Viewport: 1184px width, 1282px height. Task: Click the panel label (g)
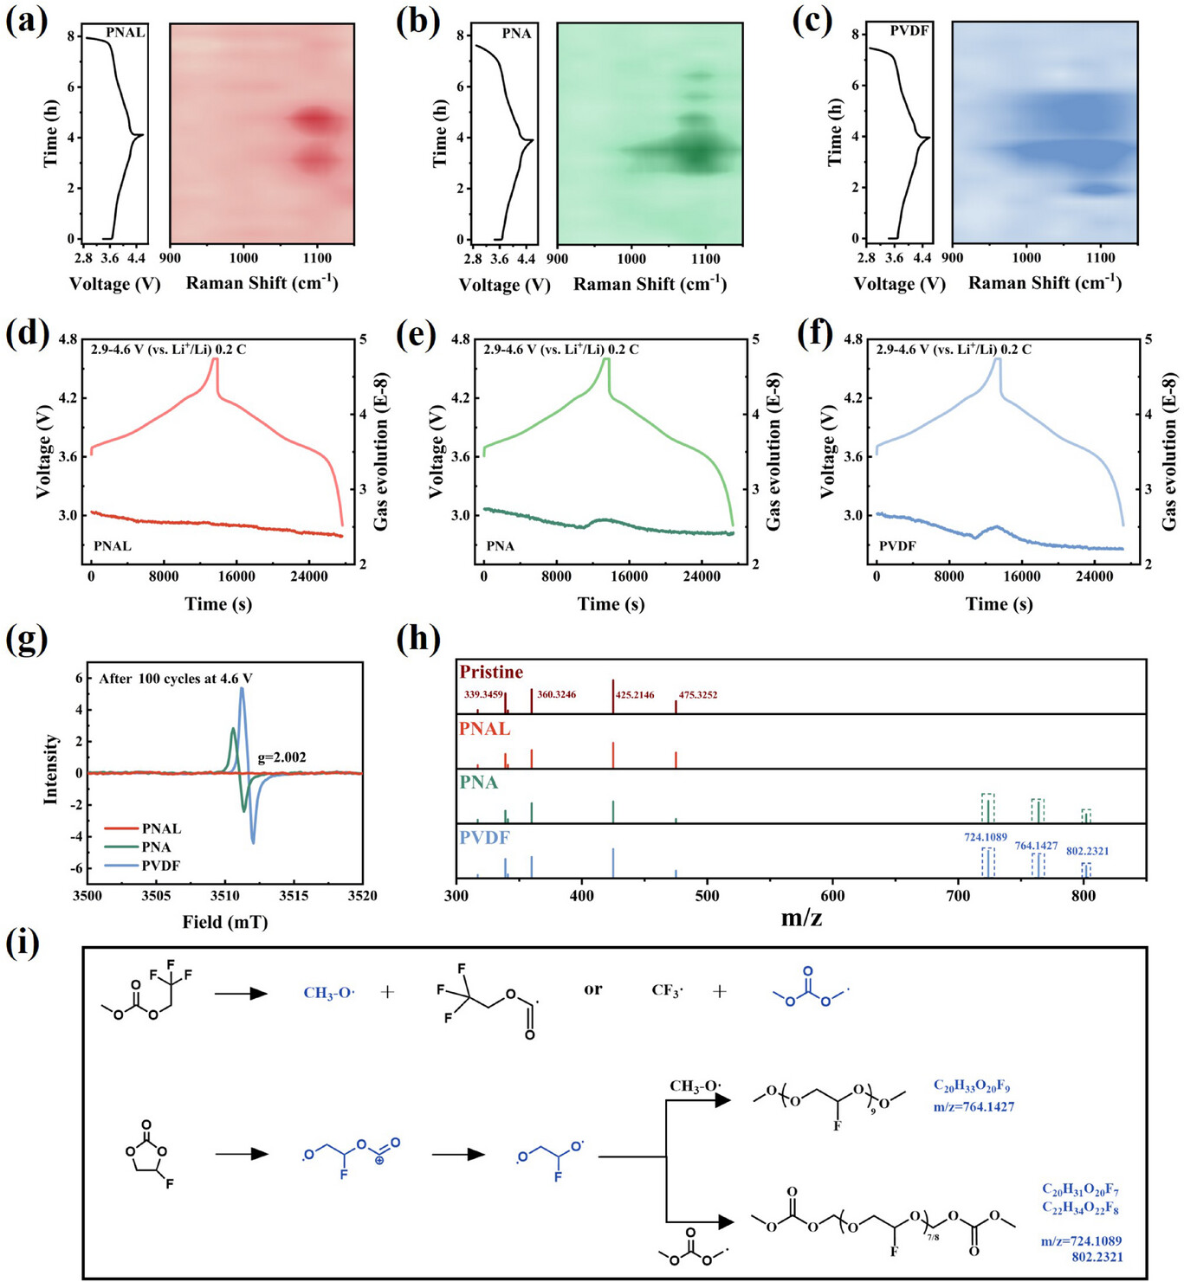(26, 641)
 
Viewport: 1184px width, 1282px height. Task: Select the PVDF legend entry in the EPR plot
(161, 866)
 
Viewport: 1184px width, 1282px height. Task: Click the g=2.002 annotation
(281, 757)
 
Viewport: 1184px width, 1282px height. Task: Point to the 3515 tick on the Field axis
(294, 895)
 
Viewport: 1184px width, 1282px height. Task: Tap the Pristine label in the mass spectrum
(491, 673)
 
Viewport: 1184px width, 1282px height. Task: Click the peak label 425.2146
(635, 695)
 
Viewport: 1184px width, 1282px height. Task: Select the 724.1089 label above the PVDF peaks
(986, 837)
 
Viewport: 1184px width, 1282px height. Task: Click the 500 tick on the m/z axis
(707, 896)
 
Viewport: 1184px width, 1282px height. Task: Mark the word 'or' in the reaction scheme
(592, 989)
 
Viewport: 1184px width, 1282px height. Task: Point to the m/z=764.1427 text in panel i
(974, 1106)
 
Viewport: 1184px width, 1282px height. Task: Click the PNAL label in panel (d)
(113, 546)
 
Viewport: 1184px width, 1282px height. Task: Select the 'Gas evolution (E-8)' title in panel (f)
(1169, 451)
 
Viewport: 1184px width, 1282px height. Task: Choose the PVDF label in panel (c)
(909, 31)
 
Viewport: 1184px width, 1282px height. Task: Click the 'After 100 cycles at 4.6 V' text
(175, 679)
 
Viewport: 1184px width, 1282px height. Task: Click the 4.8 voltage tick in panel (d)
(68, 339)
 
